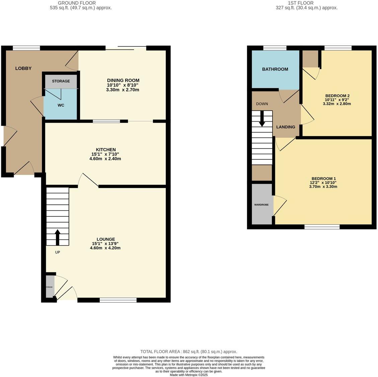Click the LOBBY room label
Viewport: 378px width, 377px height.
(x=23, y=68)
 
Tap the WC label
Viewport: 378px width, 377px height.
(x=61, y=105)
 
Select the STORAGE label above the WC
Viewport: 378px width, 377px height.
(x=61, y=81)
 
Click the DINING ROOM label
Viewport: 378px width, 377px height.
(x=123, y=80)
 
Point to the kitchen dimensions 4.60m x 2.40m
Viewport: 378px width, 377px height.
(x=105, y=159)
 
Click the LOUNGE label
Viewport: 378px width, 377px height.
(x=105, y=239)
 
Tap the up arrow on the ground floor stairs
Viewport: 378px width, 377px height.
(x=57, y=237)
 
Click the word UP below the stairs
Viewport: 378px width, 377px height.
(x=57, y=252)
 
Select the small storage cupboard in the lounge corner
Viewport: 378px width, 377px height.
(x=50, y=287)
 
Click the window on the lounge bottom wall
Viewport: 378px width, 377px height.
(x=118, y=300)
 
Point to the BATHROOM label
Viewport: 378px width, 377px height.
(x=275, y=69)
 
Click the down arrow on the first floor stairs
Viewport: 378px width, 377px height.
(x=262, y=120)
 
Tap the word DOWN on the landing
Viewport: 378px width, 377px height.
(x=262, y=104)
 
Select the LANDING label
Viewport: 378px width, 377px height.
(x=286, y=127)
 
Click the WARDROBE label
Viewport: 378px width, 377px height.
(x=261, y=204)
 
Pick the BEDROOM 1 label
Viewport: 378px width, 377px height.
(x=323, y=179)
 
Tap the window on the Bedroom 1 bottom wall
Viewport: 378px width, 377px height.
(x=322, y=227)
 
